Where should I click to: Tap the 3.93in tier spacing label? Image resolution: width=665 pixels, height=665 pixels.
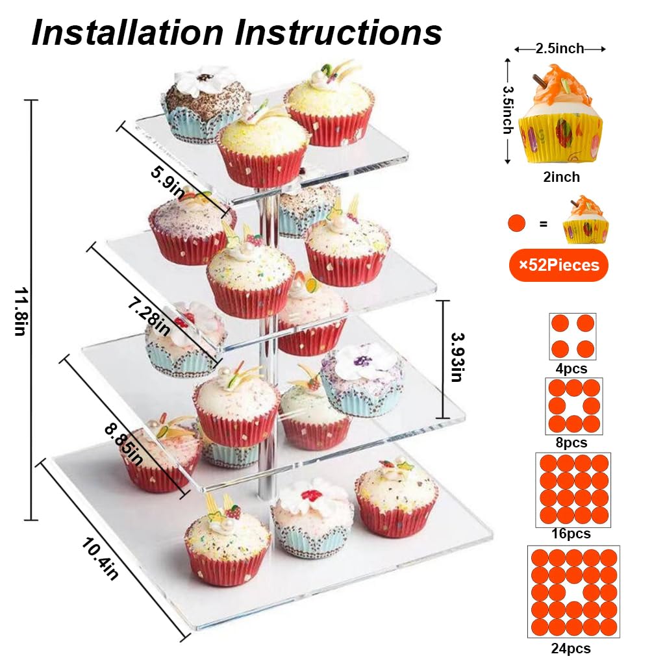click(456, 357)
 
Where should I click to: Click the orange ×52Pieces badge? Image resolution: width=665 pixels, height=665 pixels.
click(558, 265)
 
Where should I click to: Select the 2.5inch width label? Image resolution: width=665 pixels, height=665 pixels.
click(560, 49)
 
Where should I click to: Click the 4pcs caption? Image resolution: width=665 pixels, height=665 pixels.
click(571, 369)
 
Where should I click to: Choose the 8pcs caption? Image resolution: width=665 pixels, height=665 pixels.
click(571, 443)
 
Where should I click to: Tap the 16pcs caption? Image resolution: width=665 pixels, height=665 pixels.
click(571, 534)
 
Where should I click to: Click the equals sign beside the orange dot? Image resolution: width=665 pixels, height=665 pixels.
click(544, 225)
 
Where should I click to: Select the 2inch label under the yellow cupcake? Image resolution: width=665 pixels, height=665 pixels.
click(562, 177)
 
